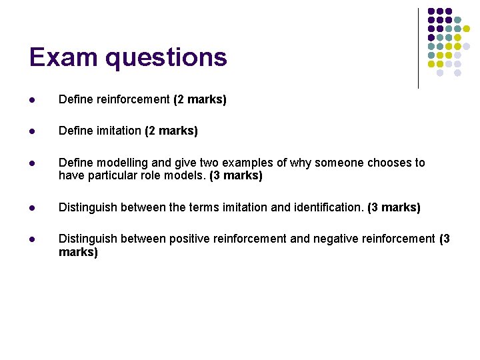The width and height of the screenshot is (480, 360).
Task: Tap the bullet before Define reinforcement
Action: pyautogui.click(x=33, y=100)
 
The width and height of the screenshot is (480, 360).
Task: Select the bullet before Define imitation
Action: pyautogui.click(x=33, y=131)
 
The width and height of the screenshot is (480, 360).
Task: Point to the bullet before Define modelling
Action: pyautogui.click(x=33, y=163)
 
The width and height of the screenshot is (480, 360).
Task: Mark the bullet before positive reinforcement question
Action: pyautogui.click(x=33, y=240)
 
